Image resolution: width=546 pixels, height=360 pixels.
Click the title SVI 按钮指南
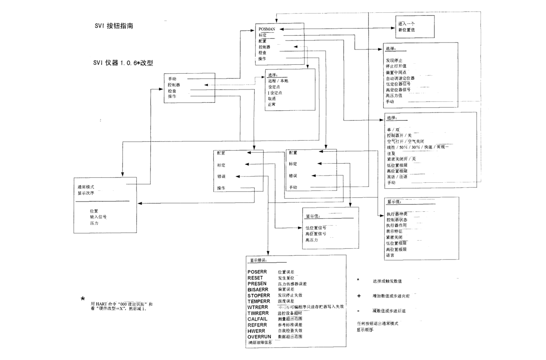(116, 26)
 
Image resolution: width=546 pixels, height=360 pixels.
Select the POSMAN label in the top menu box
(267, 29)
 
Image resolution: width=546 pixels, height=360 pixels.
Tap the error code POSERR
(257, 272)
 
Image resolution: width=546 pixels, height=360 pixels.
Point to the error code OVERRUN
(259, 337)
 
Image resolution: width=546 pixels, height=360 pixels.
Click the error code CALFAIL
(257, 319)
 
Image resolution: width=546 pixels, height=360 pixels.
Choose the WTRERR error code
(257, 307)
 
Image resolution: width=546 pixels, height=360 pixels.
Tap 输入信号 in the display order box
(98, 217)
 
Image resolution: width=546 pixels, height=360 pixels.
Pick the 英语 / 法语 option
(397, 176)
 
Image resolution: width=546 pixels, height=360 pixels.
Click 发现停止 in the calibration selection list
(394, 60)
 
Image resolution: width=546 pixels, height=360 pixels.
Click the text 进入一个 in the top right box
(406, 24)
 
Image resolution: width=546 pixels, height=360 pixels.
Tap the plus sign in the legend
(359, 296)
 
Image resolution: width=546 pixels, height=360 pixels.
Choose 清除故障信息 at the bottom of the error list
(261, 342)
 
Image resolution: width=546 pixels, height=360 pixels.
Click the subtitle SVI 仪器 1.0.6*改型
(123, 63)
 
